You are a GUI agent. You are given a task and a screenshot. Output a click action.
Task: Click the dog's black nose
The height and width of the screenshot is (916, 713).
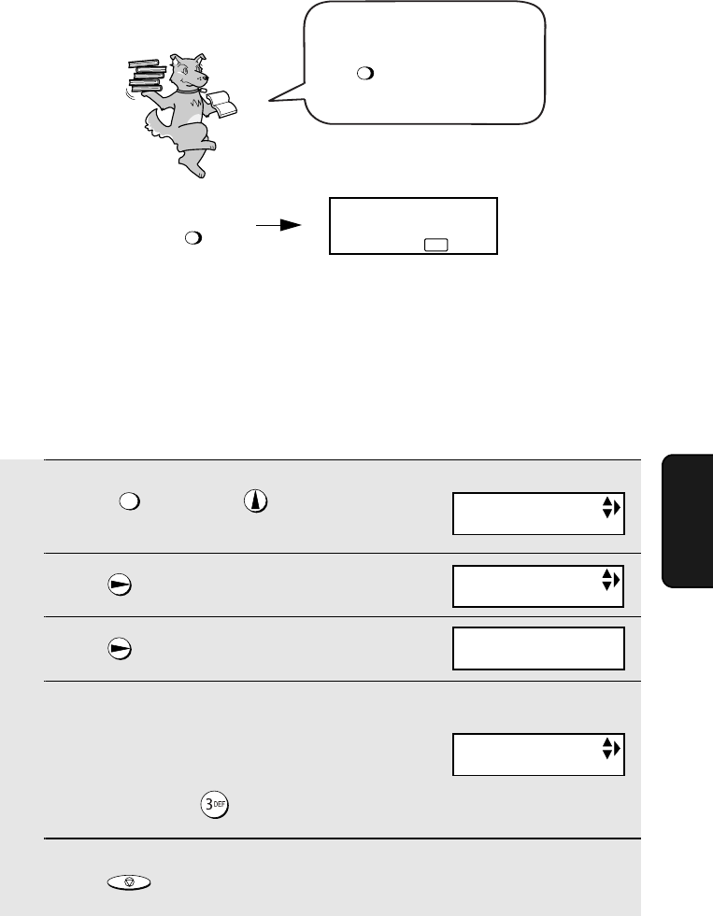pyautogui.click(x=206, y=77)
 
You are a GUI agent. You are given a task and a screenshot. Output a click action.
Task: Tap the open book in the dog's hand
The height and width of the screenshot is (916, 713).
pyautogui.click(x=222, y=104)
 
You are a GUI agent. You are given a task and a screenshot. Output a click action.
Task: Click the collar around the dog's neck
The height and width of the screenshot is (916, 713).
pyautogui.click(x=188, y=90)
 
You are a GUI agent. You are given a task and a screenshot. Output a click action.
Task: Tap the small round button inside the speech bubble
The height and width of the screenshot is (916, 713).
pyautogui.click(x=365, y=73)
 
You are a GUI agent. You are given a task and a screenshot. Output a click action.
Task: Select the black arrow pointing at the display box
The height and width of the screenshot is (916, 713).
pyautogui.click(x=278, y=225)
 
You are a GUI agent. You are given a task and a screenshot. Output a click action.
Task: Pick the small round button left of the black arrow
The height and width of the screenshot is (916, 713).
pyautogui.click(x=193, y=238)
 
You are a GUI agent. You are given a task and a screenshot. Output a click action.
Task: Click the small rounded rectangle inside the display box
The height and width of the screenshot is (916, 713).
pyautogui.click(x=436, y=245)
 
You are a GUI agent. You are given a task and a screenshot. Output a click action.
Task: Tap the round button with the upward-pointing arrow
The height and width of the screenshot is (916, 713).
pyautogui.click(x=255, y=501)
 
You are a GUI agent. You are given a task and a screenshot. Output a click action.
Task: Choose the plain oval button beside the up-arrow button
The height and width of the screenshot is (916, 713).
pyautogui.click(x=130, y=501)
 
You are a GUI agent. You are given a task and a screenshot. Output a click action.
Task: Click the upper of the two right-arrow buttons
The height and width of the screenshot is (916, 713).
pyautogui.click(x=120, y=585)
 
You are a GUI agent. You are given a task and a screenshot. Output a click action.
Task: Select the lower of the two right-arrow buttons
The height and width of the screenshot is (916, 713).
pyautogui.click(x=120, y=649)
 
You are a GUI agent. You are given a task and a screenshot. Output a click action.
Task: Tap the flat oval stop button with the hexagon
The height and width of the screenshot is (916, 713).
pyautogui.click(x=129, y=882)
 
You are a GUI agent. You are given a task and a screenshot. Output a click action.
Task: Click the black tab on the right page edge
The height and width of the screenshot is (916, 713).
pyautogui.click(x=688, y=520)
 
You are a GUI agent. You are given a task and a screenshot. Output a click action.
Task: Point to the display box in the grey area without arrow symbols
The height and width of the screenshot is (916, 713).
pyautogui.click(x=538, y=648)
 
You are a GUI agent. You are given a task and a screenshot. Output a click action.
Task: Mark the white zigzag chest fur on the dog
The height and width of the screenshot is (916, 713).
pyautogui.click(x=196, y=103)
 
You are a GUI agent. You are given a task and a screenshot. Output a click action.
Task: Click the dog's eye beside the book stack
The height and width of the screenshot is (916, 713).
pyautogui.click(x=183, y=67)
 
